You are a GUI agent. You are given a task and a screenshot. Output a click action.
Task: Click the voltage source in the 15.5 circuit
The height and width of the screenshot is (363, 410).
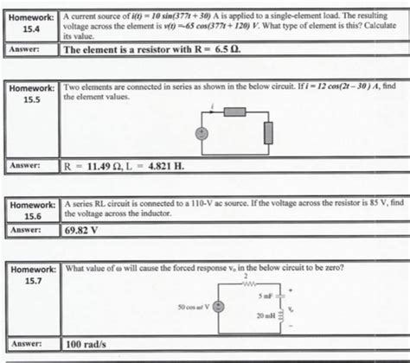click(x=202, y=134)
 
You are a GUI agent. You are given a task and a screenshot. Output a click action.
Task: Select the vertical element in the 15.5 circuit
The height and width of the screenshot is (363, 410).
click(x=268, y=132)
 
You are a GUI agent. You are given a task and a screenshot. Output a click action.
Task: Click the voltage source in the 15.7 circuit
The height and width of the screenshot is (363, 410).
click(x=219, y=307)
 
